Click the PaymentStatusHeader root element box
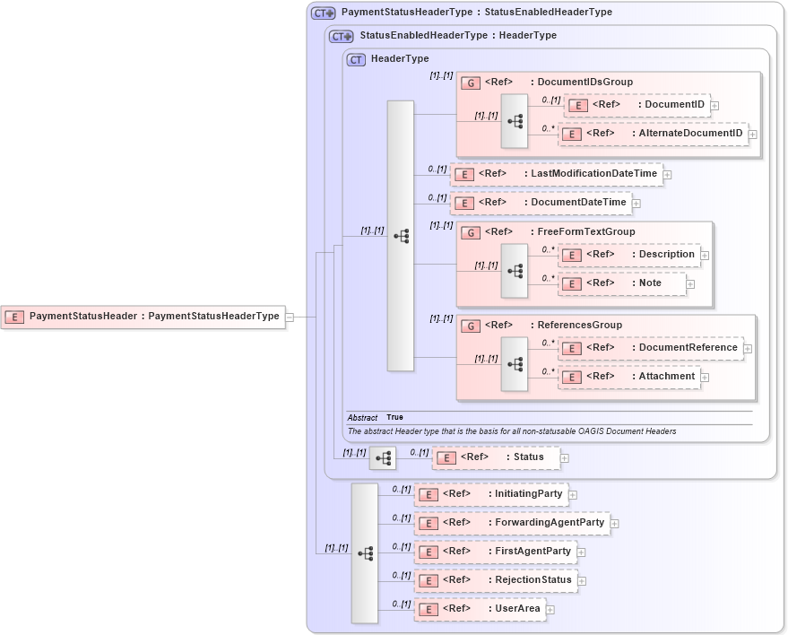(x=143, y=317)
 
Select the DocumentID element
(x=636, y=105)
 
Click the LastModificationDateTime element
(x=557, y=174)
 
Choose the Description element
(x=629, y=255)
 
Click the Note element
(x=622, y=283)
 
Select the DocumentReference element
(x=651, y=348)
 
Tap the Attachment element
(x=629, y=377)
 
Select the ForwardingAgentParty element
(x=512, y=523)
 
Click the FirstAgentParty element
(x=495, y=552)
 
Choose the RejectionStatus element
(x=496, y=580)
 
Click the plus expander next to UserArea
(x=550, y=610)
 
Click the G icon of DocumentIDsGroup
(x=471, y=83)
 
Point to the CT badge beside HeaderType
(x=356, y=59)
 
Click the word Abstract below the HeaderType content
(x=362, y=418)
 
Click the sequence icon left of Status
(x=383, y=457)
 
